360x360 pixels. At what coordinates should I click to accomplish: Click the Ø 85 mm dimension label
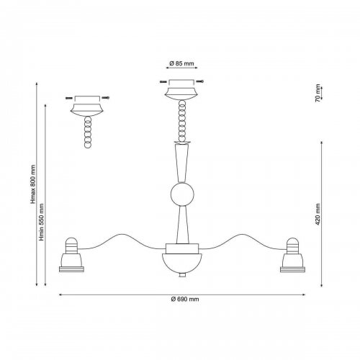point(181,63)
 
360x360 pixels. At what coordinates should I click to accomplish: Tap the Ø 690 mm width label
point(185,300)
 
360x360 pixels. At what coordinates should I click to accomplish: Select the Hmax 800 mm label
point(33,184)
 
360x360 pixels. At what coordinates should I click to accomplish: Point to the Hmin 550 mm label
point(42,222)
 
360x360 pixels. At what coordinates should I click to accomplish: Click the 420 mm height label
point(318,215)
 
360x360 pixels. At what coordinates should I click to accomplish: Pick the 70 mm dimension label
point(318,93)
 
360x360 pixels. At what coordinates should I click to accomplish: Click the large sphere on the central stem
point(182,194)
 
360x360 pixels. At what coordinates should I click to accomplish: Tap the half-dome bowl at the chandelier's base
point(182,264)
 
